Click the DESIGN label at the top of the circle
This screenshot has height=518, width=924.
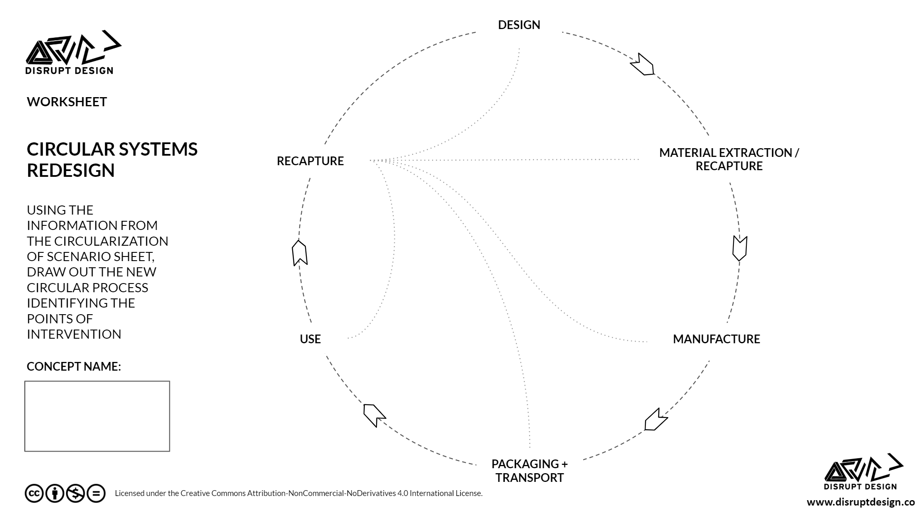pyautogui.click(x=519, y=25)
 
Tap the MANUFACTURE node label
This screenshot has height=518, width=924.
pyautogui.click(x=716, y=339)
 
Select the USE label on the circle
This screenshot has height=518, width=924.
pyautogui.click(x=310, y=339)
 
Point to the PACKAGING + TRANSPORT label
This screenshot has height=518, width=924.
pyautogui.click(x=529, y=471)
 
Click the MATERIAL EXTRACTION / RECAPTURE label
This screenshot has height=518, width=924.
pyautogui.click(x=728, y=159)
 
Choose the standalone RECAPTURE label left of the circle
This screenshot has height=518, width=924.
pyautogui.click(x=310, y=161)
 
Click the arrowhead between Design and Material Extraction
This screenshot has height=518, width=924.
pyautogui.click(x=642, y=65)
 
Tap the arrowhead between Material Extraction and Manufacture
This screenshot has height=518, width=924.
pyautogui.click(x=739, y=248)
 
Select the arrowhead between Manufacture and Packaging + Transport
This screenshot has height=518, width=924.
pyautogui.click(x=655, y=420)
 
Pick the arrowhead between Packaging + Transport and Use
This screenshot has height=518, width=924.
pyautogui.click(x=374, y=414)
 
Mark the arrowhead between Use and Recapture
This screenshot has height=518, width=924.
pyautogui.click(x=299, y=253)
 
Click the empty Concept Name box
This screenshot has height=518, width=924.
pyautogui.click(x=97, y=416)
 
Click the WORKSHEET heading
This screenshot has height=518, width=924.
pyautogui.click(x=67, y=102)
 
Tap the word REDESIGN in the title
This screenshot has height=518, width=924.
pyautogui.click(x=71, y=171)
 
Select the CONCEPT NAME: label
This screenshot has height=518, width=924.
pyautogui.click(x=74, y=367)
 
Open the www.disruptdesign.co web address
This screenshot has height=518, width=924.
pyautogui.click(x=860, y=502)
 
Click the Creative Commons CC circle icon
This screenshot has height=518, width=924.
pyautogui.click(x=34, y=494)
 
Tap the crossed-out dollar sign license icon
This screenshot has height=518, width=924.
pyautogui.click(x=75, y=494)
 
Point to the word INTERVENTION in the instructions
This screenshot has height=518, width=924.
pyautogui.click(x=74, y=334)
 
